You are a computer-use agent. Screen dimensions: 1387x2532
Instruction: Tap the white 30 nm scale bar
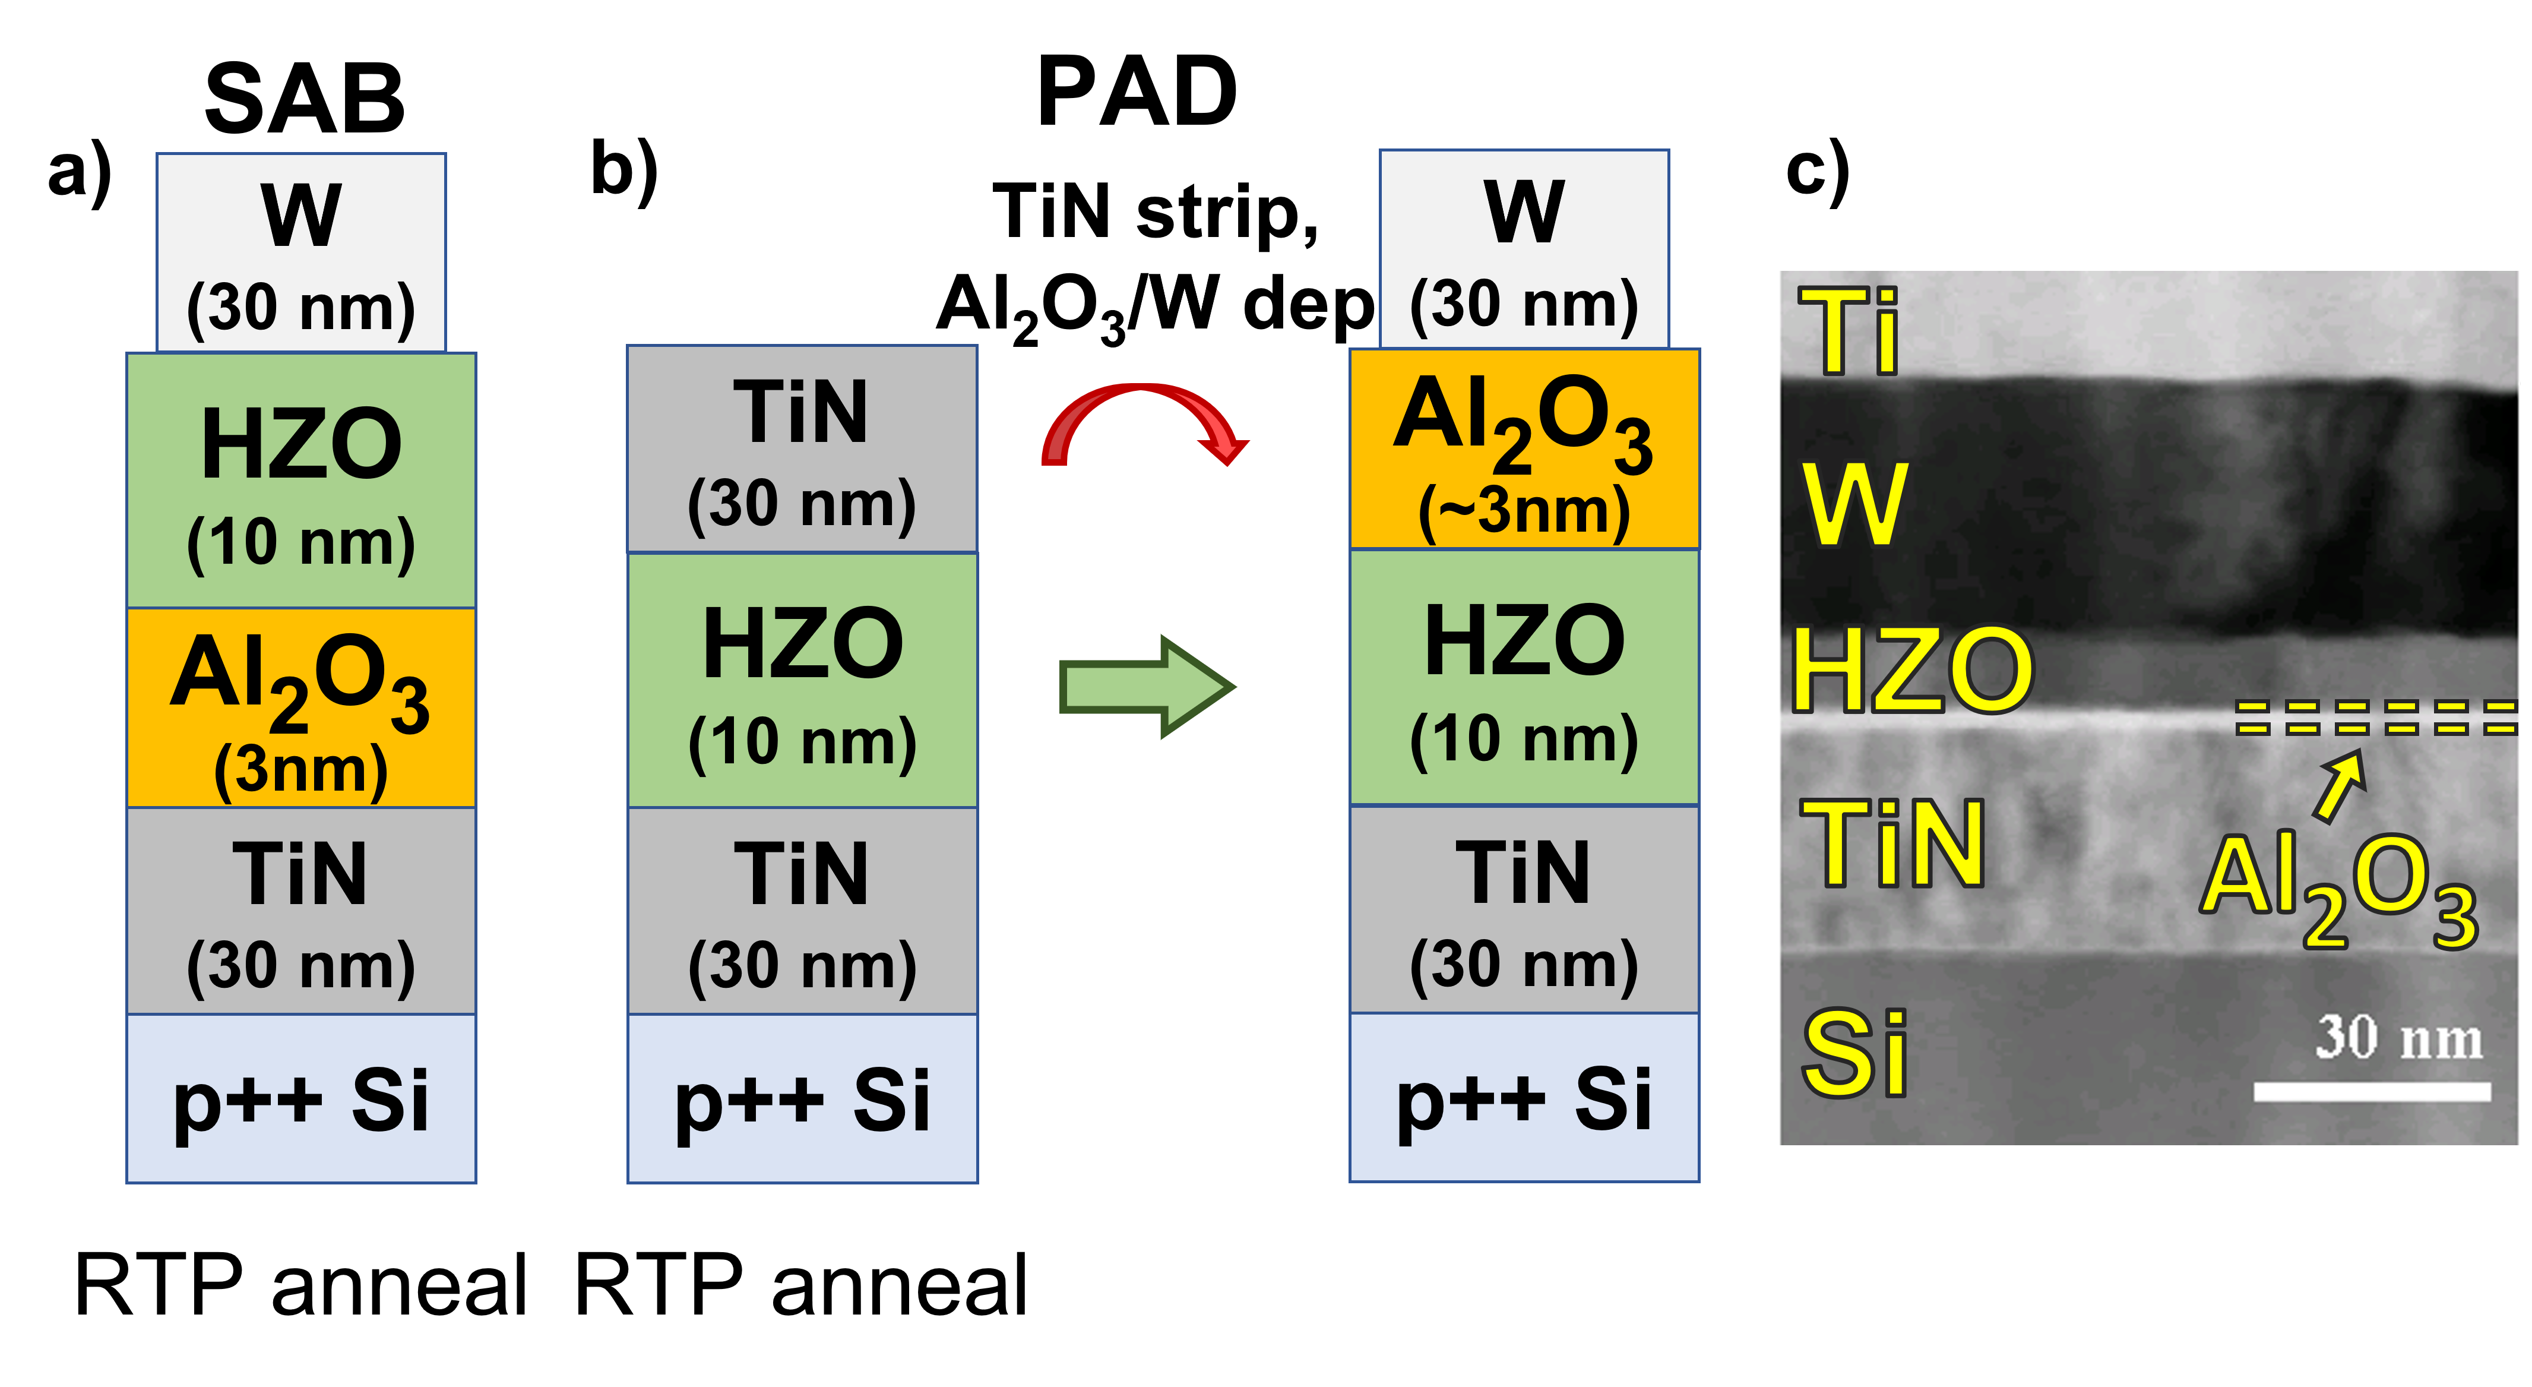2371,1091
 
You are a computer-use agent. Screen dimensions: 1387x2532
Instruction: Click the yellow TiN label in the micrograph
1891,842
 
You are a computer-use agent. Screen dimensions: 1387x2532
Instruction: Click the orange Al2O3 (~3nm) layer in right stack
1524,449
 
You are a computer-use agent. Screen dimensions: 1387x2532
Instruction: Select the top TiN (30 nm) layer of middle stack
802,449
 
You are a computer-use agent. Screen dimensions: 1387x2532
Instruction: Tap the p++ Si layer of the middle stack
802,1098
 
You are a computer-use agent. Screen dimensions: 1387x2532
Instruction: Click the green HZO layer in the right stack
1524,678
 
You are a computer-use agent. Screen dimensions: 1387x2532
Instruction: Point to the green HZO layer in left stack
301,482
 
